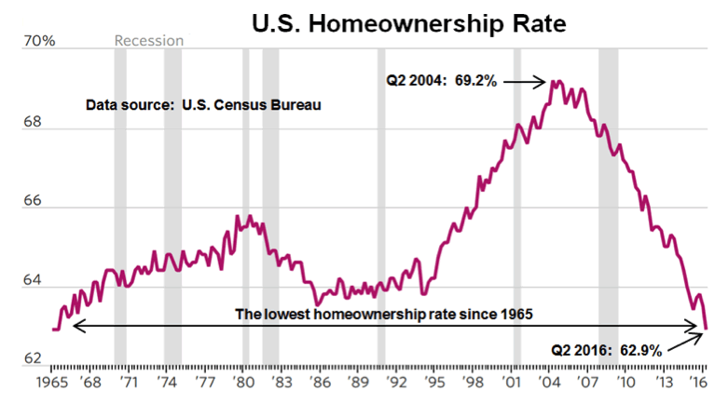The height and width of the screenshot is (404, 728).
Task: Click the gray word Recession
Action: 148,41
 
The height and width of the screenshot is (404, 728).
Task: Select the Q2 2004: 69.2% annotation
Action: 442,81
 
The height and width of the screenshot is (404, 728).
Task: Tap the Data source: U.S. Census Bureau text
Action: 203,104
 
